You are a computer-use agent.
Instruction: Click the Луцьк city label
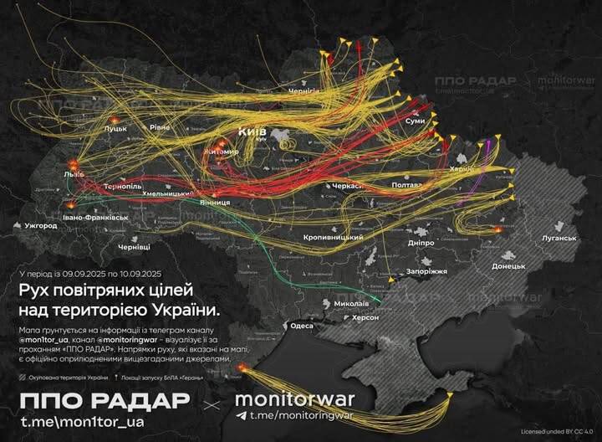tap(115, 130)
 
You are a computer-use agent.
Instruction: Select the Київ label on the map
tap(252, 132)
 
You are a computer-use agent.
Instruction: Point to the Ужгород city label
tap(39, 226)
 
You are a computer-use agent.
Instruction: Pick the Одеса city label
tap(301, 326)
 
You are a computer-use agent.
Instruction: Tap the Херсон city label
tap(365, 317)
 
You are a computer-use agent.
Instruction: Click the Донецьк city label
tap(508, 265)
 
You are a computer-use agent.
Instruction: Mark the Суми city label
tap(415, 121)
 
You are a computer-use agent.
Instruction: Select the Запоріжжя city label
tap(427, 271)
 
